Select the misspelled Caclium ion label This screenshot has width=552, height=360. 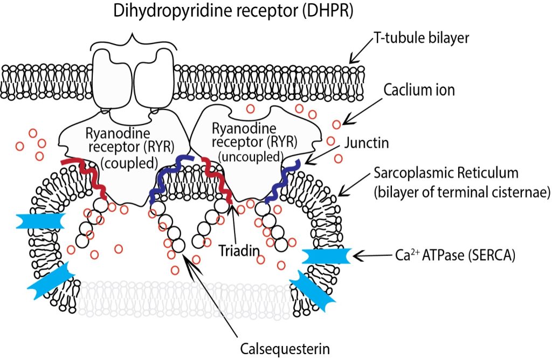point(419,90)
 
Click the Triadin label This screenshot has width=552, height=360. point(237,251)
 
